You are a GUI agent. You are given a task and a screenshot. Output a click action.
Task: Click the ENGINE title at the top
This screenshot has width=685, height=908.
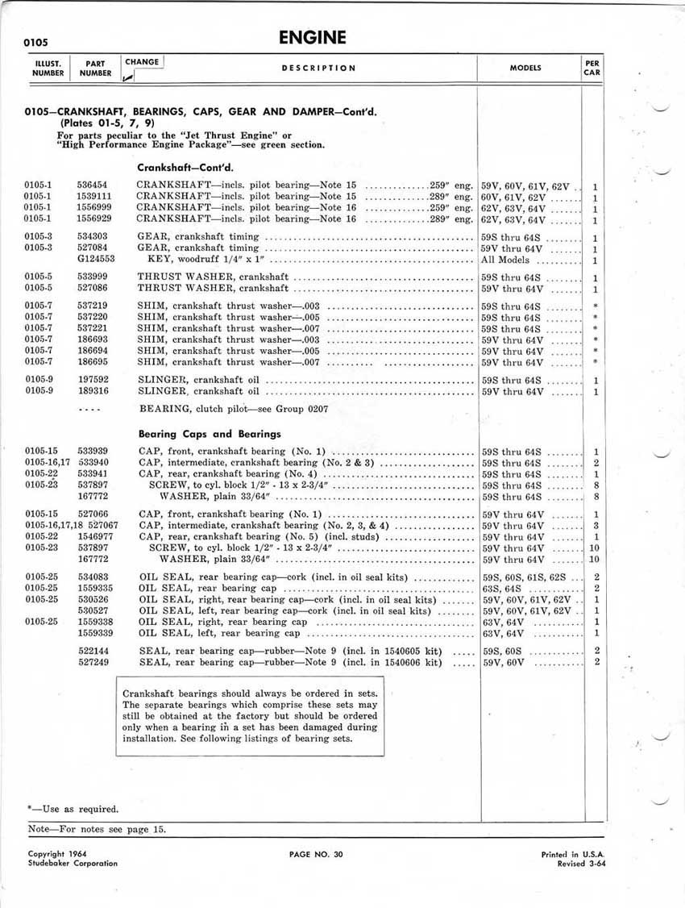tap(312, 37)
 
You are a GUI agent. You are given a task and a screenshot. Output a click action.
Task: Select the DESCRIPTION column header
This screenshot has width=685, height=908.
tap(318, 69)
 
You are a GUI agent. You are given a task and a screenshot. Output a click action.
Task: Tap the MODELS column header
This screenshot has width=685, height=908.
tap(525, 69)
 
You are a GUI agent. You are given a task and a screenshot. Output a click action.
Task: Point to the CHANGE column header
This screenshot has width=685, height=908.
tap(142, 62)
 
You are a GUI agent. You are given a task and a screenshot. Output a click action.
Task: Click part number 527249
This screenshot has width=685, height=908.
tap(93, 662)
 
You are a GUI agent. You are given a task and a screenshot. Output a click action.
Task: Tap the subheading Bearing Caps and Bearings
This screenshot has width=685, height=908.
tap(210, 434)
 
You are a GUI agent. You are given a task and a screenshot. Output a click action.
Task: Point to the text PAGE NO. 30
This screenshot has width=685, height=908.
tap(316, 855)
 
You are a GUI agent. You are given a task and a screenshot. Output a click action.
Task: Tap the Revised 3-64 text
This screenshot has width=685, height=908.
tap(581, 864)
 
